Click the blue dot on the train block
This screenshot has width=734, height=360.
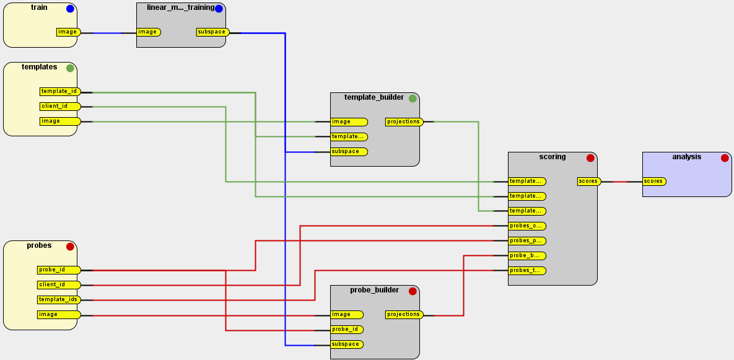(70, 9)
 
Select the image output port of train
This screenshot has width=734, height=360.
(68, 32)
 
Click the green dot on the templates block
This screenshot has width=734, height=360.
(70, 68)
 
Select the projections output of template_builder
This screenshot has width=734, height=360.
(404, 122)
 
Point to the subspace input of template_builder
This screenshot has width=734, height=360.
(349, 152)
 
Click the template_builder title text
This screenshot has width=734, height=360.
(374, 97)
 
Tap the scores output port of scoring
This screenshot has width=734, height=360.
(588, 182)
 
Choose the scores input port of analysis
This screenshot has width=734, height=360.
(653, 182)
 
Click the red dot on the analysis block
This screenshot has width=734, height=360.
(724, 158)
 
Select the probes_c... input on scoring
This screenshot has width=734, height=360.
(526, 226)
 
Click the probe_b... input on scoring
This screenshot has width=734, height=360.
(526, 256)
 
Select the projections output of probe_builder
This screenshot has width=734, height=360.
(404, 315)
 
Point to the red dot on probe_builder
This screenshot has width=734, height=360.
(413, 291)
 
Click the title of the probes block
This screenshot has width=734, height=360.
(39, 245)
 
